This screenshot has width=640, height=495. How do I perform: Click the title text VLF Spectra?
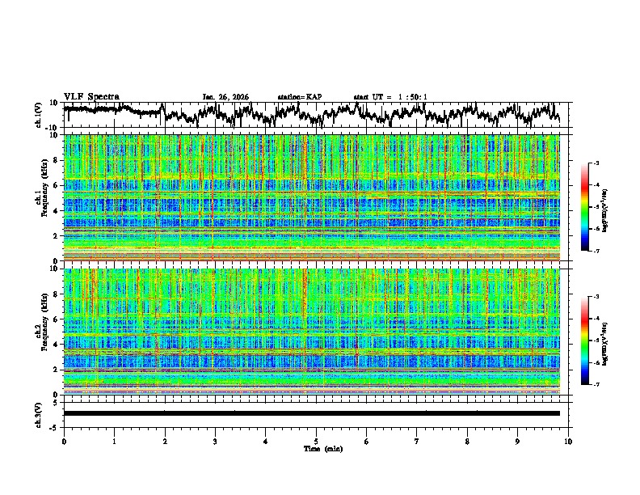tap(91, 96)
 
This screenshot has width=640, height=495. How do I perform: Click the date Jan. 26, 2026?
tap(225, 97)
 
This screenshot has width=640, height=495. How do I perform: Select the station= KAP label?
tap(299, 97)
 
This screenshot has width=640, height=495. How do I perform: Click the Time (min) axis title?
tap(316, 448)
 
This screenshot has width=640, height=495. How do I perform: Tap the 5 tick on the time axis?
tap(316, 441)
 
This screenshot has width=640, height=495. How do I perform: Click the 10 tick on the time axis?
tap(568, 441)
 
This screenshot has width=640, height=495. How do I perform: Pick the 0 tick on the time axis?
tap(64, 441)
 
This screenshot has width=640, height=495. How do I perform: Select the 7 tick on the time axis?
tap(417, 441)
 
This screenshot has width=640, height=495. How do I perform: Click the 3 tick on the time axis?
tap(215, 441)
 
